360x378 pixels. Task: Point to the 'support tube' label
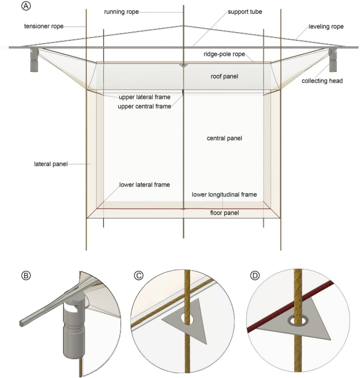tap(245, 12)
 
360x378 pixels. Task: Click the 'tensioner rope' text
tap(44, 26)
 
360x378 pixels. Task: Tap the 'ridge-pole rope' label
tap(224, 55)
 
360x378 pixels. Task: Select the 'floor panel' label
tap(224, 212)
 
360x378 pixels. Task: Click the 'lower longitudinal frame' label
tap(224, 195)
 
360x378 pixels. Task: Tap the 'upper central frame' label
tap(145, 106)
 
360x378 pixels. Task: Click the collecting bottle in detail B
tap(71, 331)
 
